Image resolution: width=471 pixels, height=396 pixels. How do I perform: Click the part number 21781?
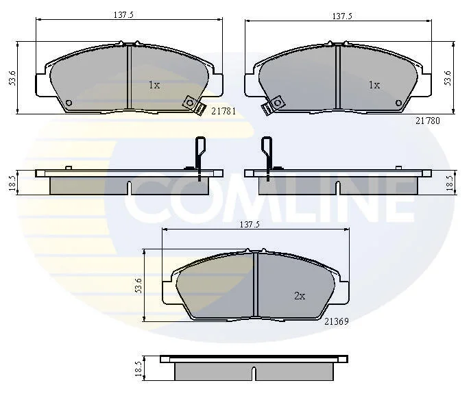pyautogui.click(x=224, y=111)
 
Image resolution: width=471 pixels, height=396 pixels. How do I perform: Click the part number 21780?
pyautogui.click(x=428, y=121)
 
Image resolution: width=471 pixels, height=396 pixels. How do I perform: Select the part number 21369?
pyautogui.click(x=337, y=321)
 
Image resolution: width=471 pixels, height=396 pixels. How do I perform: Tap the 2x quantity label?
pyautogui.click(x=300, y=297)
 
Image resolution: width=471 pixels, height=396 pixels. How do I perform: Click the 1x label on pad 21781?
pyautogui.click(x=154, y=85)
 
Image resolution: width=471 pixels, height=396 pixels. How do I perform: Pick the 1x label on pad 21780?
pyautogui.click(x=374, y=85)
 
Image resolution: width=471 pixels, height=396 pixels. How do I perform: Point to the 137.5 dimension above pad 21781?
pyautogui.click(x=123, y=14)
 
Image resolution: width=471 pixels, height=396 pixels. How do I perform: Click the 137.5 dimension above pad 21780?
pyautogui.click(x=342, y=16)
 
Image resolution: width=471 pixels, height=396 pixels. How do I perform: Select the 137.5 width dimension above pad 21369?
pyautogui.click(x=250, y=224)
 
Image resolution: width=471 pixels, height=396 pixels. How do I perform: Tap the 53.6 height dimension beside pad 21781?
pyautogui.click(x=12, y=78)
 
